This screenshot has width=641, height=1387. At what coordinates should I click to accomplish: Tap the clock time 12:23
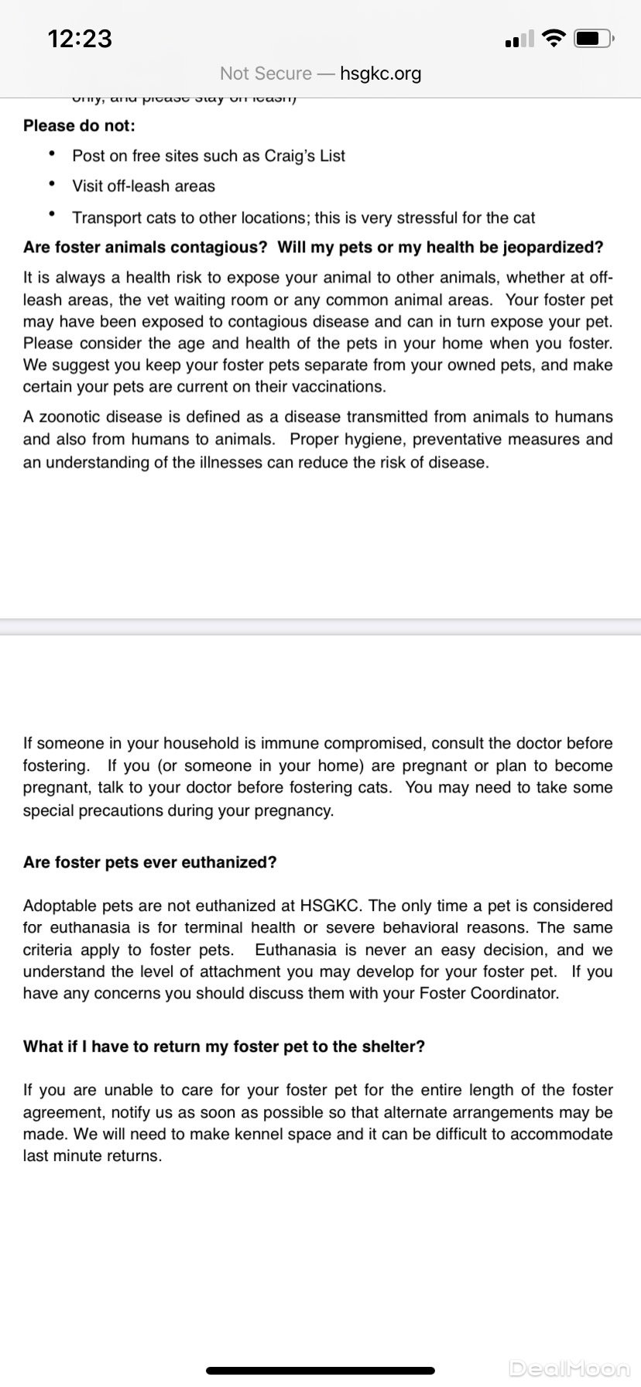pos(80,38)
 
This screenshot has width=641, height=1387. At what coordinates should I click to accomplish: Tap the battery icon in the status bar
pos(594,38)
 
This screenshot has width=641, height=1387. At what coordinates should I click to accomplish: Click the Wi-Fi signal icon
pos(554,38)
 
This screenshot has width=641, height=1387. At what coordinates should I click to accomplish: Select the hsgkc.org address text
pos(380,74)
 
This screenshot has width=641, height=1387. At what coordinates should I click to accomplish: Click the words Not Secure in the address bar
pos(266,74)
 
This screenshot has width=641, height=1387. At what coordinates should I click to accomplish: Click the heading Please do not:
pos(79,125)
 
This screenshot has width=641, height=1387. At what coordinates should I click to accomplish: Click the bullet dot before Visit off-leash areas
pos(52,184)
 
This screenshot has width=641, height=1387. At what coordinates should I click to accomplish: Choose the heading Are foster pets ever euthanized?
pos(150,862)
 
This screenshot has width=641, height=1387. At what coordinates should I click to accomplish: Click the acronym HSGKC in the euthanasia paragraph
pos(330,906)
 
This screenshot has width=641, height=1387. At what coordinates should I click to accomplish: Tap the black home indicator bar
pos(320,1371)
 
